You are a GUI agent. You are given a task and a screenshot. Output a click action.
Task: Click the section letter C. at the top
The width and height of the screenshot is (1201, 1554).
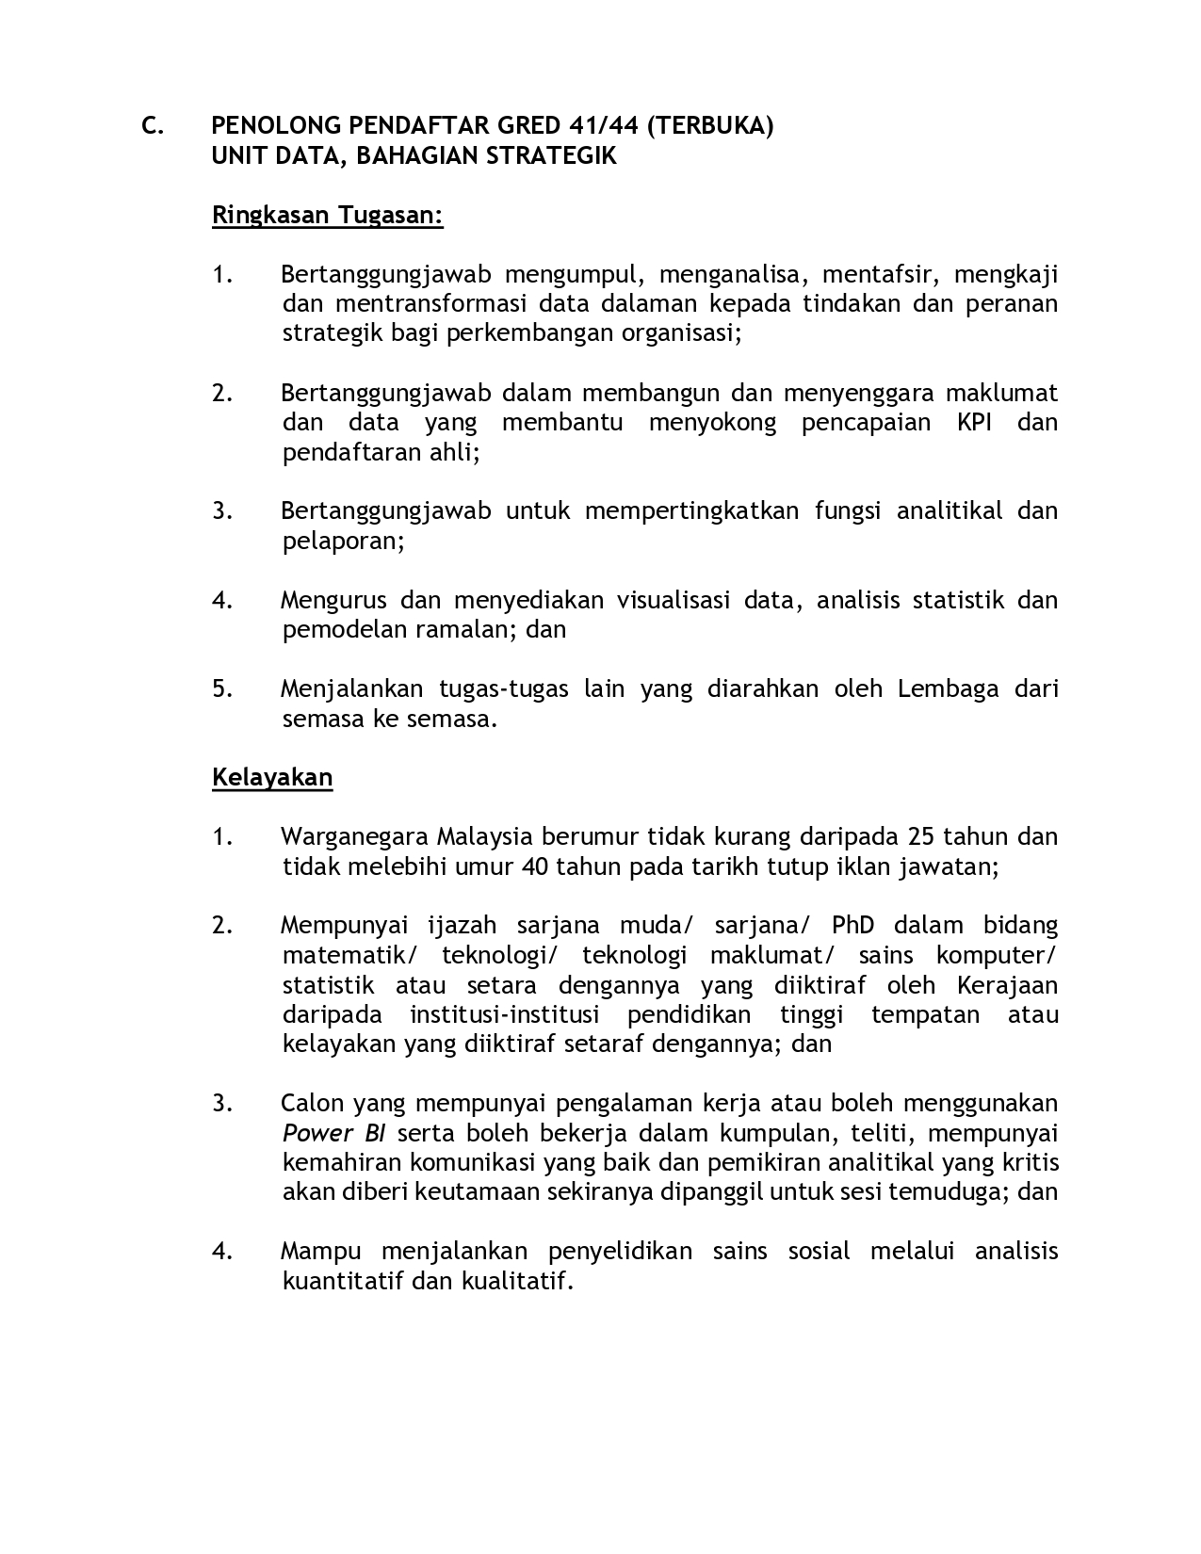[153, 126]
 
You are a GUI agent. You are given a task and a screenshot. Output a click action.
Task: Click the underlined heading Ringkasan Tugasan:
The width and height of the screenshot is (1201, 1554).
[327, 216]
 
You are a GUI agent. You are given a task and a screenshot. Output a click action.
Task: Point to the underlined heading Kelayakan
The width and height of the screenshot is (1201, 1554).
[272, 778]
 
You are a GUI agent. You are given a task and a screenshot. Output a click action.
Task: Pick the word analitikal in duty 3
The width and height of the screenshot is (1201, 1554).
[949, 511]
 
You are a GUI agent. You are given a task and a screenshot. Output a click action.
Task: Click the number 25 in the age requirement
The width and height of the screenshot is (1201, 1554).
[920, 836]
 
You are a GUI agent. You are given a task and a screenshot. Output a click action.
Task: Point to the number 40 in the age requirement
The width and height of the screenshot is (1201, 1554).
[534, 866]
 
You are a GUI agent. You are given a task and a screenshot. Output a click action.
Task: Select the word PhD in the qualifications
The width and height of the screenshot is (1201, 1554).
[852, 926]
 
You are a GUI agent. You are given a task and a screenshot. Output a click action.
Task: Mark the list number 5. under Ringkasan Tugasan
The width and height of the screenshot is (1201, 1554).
[222, 689]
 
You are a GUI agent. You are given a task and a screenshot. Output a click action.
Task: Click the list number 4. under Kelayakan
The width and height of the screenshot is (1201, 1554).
[222, 1252]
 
